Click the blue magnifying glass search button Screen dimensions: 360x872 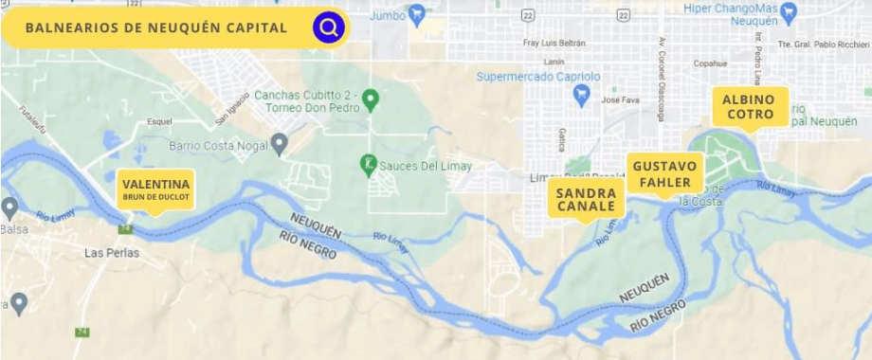tap(328, 27)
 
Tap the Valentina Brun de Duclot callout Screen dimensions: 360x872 tap(155, 189)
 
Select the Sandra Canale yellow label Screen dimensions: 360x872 tap(586, 199)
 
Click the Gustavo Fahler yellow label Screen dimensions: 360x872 tap(666, 173)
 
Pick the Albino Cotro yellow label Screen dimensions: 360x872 tap(749, 106)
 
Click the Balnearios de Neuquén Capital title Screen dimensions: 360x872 tap(156, 27)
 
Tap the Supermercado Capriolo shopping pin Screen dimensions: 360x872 tap(582, 93)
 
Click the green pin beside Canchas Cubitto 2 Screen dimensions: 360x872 tap(372, 98)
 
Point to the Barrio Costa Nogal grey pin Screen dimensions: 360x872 tap(279, 145)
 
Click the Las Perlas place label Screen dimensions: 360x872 tap(112, 253)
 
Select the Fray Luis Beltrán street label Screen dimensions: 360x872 tap(554, 43)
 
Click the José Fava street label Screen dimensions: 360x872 tap(622, 99)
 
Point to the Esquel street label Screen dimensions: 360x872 tap(159, 121)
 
